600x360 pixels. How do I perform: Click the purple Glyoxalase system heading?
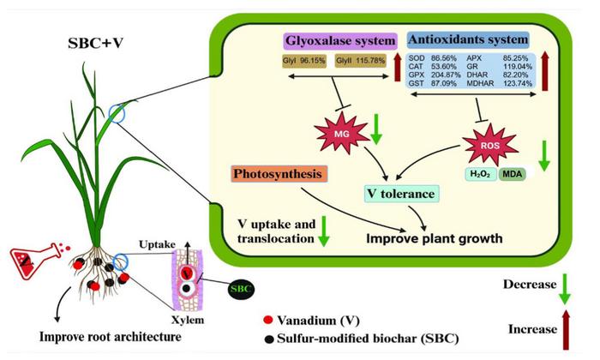[x=340, y=40]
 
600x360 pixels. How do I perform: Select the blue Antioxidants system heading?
[x=468, y=40]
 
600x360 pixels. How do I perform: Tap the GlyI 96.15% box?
[x=304, y=62]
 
